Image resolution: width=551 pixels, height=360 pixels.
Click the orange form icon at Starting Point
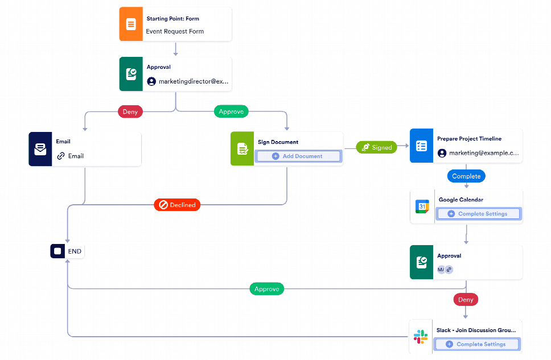click(x=131, y=24)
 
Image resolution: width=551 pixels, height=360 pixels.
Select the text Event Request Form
click(x=175, y=32)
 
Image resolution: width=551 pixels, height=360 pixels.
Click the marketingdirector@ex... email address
click(x=193, y=81)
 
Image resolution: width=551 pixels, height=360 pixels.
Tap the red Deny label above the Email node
click(x=130, y=112)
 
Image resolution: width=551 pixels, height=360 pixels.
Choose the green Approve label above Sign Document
click(x=231, y=112)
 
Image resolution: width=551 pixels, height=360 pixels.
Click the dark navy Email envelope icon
click(x=40, y=150)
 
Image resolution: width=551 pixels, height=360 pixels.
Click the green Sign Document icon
click(x=242, y=149)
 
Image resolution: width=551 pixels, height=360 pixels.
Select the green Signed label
click(x=377, y=147)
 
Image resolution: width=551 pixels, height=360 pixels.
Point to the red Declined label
click(x=177, y=205)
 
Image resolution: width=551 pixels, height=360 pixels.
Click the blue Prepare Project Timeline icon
click(x=421, y=146)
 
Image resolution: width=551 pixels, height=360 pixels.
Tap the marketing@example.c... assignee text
click(x=483, y=154)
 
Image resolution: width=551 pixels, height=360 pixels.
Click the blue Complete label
click(x=466, y=176)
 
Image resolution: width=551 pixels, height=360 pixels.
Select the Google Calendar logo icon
click(x=422, y=206)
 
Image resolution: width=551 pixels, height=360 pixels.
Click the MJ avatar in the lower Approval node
click(x=441, y=270)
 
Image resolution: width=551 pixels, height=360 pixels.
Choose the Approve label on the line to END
click(x=266, y=289)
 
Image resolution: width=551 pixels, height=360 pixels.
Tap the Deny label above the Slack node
click(x=466, y=300)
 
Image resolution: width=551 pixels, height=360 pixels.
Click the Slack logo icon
click(x=421, y=337)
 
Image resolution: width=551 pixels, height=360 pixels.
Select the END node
click(x=67, y=251)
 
